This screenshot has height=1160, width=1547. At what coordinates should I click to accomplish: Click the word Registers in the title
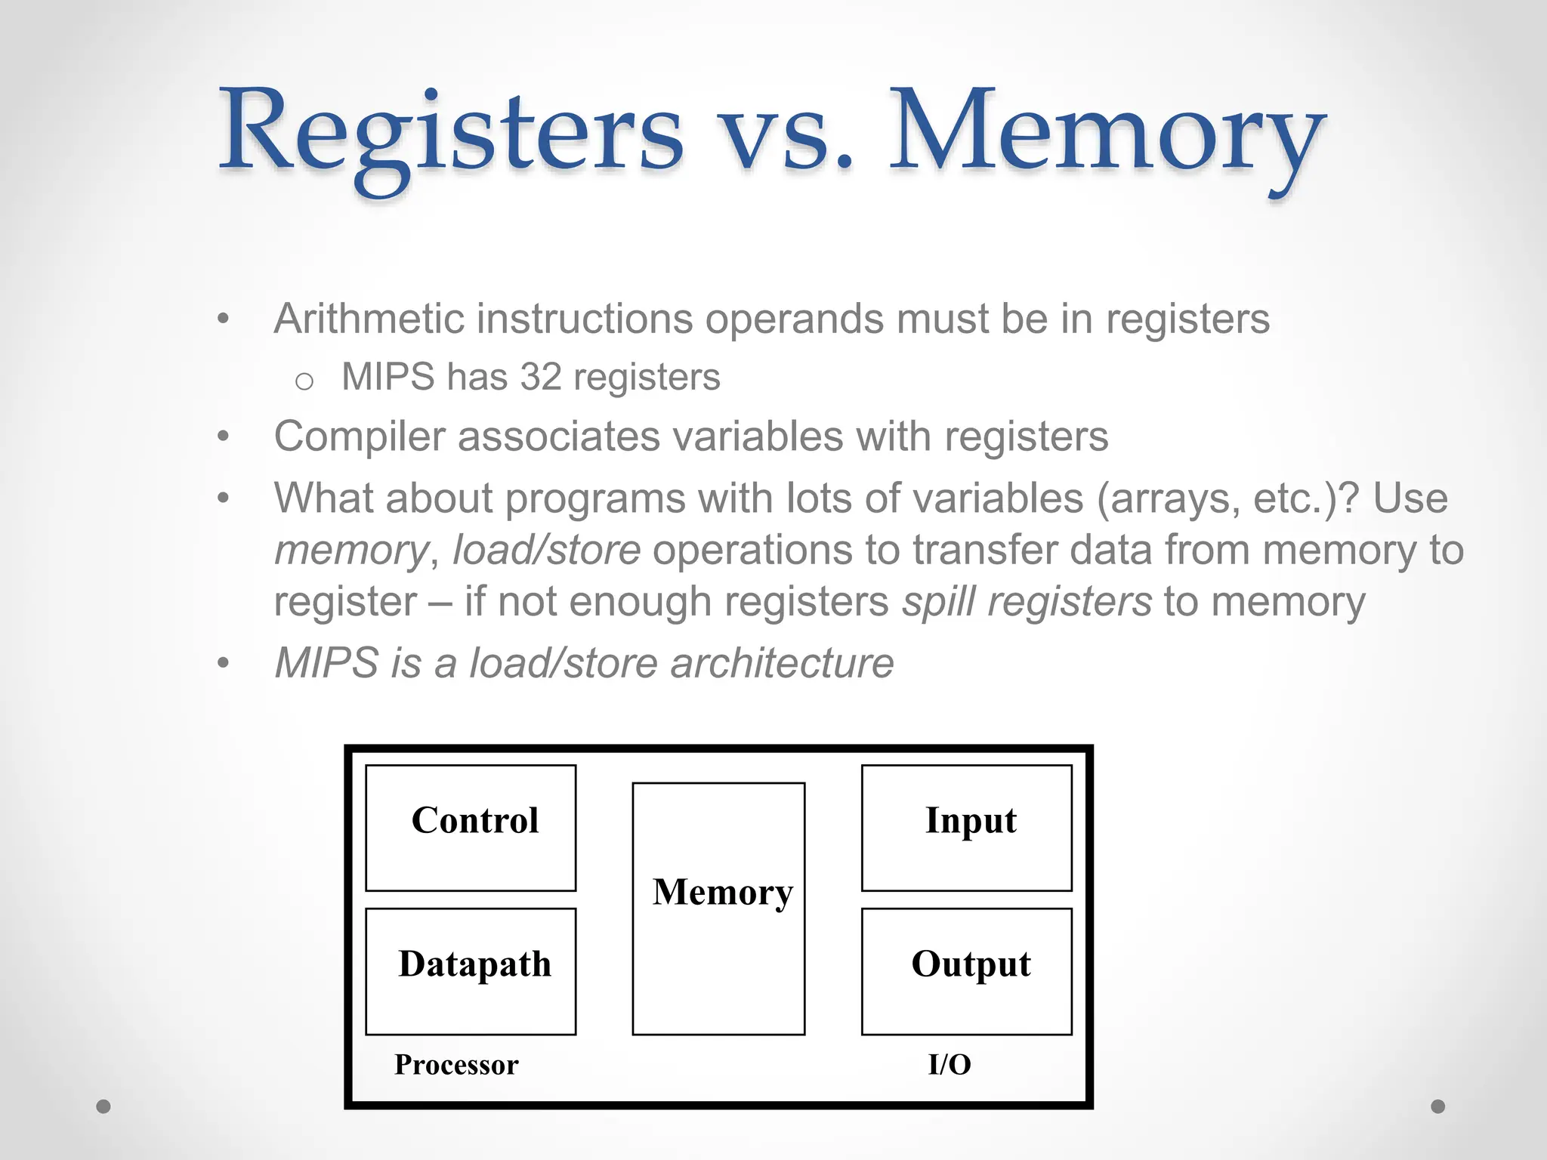coord(451,132)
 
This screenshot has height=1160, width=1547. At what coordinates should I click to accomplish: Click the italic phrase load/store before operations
coord(546,550)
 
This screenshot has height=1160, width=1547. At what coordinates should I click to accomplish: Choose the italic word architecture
coord(781,663)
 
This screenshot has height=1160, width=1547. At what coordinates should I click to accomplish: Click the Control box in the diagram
coord(471,828)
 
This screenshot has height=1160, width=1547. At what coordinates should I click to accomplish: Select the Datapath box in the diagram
coord(471,971)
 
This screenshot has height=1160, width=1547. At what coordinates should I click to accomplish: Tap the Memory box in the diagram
coord(718,909)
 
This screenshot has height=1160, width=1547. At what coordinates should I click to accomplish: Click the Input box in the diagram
coord(966,828)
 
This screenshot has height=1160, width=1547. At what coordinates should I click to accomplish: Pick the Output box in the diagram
coord(966,971)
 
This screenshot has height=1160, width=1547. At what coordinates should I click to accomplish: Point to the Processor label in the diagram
coord(456,1065)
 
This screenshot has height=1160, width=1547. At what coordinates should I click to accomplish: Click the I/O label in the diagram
coord(950,1065)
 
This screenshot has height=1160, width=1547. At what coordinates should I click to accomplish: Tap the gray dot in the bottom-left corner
coord(103,1106)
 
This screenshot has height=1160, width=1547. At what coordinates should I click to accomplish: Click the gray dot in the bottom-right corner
coord(1438,1106)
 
